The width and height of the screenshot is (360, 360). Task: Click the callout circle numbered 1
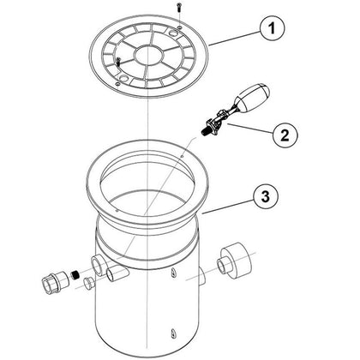pos(273,28)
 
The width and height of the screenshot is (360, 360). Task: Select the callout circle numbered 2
pos(285,135)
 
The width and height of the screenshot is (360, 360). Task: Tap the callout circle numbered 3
pos(266,196)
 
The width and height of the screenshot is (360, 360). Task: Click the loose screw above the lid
pos(179,7)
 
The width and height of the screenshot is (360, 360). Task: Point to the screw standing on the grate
pos(118,62)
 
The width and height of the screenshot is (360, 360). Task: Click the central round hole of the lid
pos(148,55)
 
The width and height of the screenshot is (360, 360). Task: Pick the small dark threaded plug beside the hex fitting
pos(75,275)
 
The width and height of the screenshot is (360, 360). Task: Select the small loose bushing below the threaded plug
pos(89,285)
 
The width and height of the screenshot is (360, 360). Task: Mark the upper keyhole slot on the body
pos(172,273)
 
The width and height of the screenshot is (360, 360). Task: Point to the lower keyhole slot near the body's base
pos(172,333)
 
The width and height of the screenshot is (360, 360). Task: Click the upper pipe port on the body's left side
pos(97,265)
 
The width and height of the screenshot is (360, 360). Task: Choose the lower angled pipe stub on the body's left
pos(117,273)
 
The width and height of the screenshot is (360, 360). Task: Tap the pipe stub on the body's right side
pos(201,275)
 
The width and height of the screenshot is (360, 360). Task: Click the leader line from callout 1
pos(234,39)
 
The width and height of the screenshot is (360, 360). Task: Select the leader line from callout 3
pos(228,207)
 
